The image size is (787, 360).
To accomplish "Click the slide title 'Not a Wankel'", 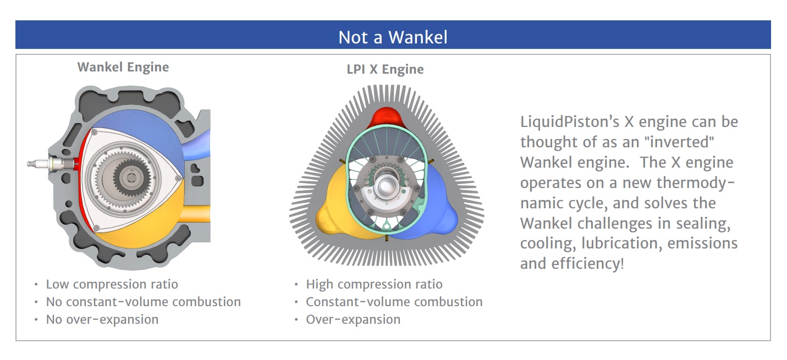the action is pos(393,37).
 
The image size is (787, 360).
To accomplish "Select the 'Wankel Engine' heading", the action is pos(123,67).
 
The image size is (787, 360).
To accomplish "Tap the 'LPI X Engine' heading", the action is pos(385,69).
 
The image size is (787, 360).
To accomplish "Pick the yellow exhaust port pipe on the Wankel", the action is pos(197,213).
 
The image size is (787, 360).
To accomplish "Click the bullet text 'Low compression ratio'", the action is pos(112,284).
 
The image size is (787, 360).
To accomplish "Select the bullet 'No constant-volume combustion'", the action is pos(144,302).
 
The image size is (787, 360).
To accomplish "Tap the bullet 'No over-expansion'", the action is pos(102,319).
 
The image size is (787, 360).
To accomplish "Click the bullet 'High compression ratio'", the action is pos(374,284).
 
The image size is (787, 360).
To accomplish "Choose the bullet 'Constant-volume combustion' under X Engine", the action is pos(394,302).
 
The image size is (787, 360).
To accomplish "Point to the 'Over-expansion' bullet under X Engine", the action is pos(353,319).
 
